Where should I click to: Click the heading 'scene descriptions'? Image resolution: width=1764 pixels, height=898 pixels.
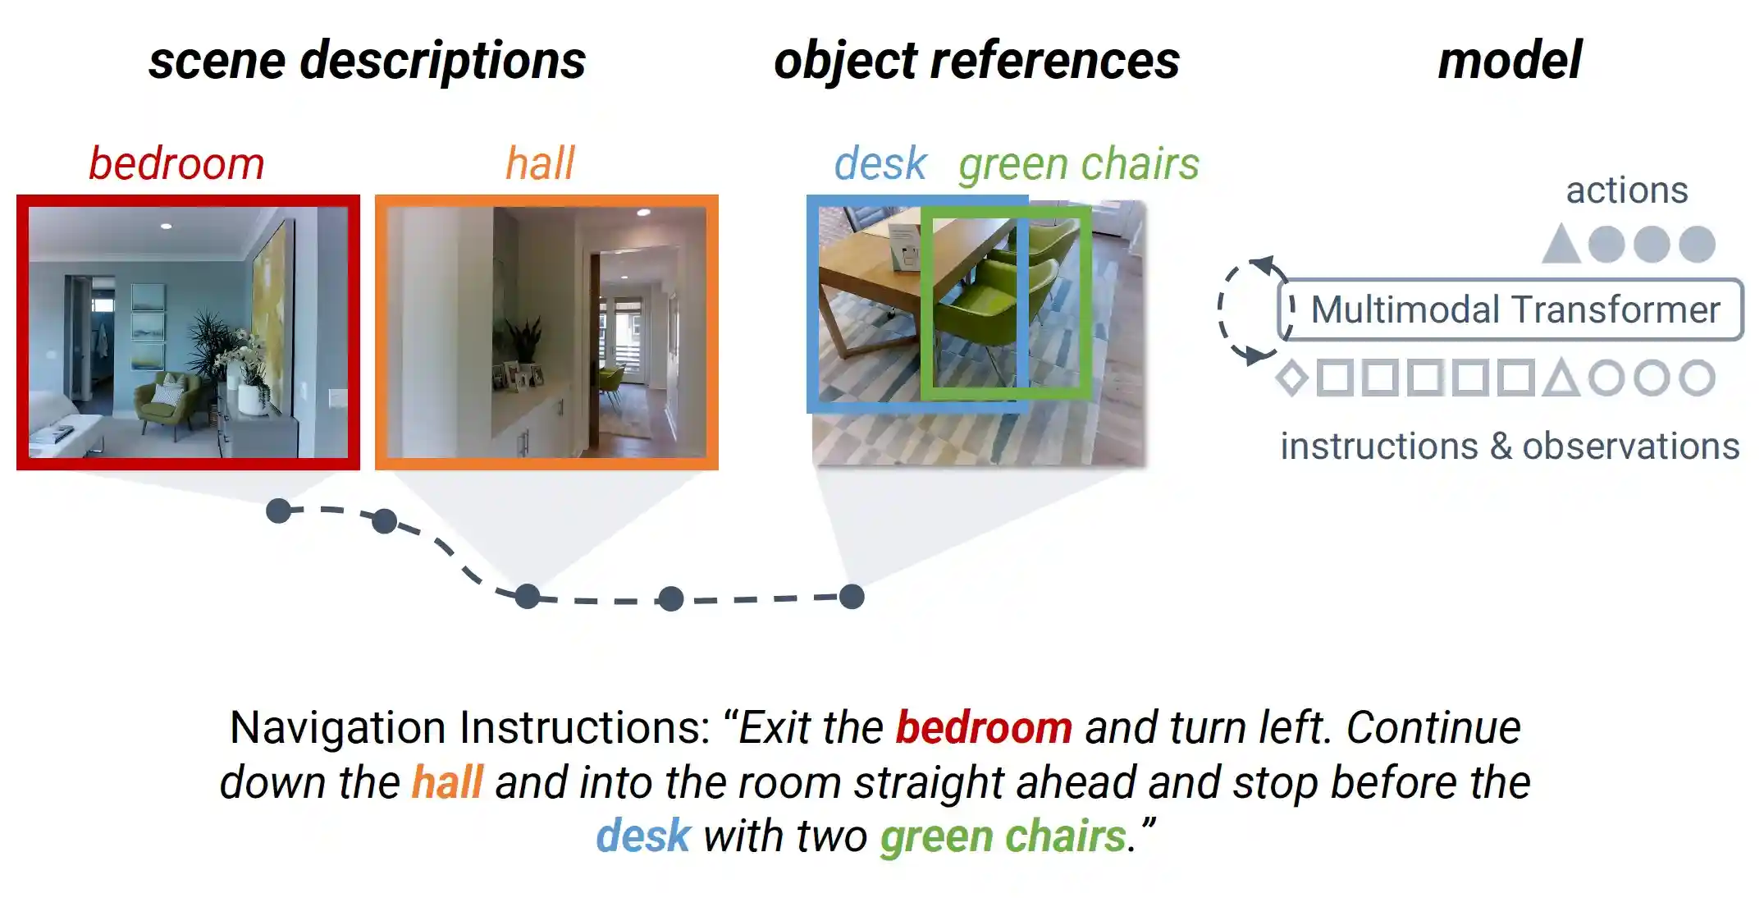point(367,62)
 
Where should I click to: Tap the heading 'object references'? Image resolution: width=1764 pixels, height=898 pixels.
point(976,62)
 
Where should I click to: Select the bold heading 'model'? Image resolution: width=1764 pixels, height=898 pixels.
point(1510,62)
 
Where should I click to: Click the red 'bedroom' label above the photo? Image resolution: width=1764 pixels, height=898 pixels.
point(176,163)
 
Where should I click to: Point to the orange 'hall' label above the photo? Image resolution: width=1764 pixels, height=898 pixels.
point(540,163)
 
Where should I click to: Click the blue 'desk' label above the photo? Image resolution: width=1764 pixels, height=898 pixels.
point(880,163)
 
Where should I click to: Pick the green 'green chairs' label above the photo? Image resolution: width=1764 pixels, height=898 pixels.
point(1078,163)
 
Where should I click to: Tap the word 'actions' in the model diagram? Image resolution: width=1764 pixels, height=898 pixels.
point(1626,190)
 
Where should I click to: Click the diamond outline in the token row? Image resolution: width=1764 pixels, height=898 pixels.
point(1292,378)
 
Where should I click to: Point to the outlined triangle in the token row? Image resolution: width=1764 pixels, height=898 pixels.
point(1561,379)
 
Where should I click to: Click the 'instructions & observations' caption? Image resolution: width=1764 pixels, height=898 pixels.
point(1510,447)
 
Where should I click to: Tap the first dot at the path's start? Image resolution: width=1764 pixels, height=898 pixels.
point(279,511)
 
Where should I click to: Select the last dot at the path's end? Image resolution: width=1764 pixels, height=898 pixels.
point(852,597)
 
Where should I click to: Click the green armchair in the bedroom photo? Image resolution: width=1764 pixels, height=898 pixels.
point(168,402)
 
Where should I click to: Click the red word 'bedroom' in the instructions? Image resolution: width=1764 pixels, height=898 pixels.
point(983,728)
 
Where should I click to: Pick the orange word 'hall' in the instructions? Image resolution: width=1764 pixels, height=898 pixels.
point(447,782)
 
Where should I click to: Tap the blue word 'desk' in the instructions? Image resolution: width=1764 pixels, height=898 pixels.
point(643,836)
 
